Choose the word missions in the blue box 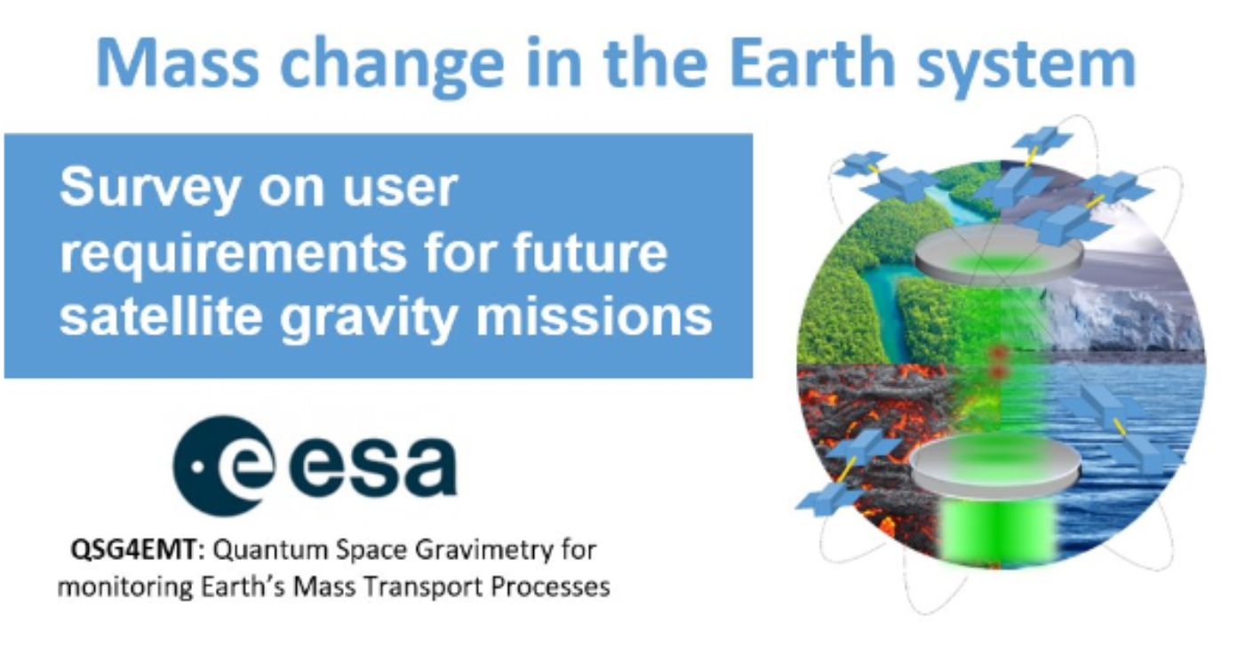594,316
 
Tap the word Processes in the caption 546,587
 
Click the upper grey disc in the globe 999,255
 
